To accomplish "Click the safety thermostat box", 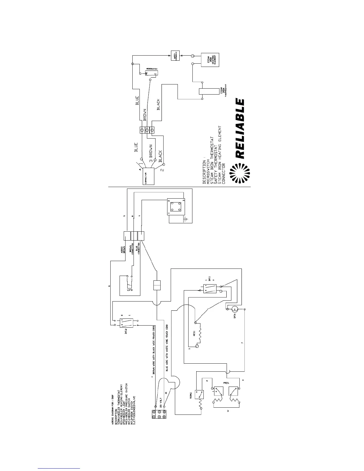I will [x=175, y=56].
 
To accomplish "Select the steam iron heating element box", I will [x=210, y=60].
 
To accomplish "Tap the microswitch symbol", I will [x=151, y=73].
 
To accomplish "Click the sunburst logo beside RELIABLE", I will [x=241, y=174].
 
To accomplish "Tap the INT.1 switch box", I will [x=208, y=288].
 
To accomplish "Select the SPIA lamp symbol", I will [x=234, y=310].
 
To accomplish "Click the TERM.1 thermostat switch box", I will [x=199, y=394].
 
